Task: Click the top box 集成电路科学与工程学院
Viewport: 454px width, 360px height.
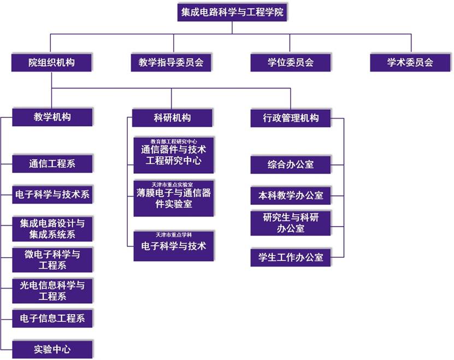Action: (x=232, y=12)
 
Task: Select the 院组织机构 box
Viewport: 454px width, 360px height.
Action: (x=52, y=62)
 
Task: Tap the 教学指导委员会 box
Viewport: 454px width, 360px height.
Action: (x=171, y=62)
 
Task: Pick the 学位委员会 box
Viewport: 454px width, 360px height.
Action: (x=291, y=62)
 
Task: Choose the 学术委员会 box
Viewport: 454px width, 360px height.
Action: (x=410, y=62)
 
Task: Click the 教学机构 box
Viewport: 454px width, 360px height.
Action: (x=52, y=117)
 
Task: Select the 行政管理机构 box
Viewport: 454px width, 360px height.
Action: (x=291, y=117)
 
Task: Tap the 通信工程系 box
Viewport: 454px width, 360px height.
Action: (x=52, y=163)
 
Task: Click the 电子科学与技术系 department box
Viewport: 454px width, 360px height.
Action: (x=52, y=194)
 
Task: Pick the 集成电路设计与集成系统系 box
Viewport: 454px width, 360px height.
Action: (x=52, y=229)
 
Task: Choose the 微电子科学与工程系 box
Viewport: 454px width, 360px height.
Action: (x=52, y=259)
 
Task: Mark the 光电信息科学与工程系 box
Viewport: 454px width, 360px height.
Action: (x=52, y=290)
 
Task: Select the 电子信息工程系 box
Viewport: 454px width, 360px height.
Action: (x=52, y=318)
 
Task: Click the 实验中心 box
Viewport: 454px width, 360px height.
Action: (x=52, y=349)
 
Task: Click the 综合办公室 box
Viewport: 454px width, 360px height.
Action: (x=291, y=164)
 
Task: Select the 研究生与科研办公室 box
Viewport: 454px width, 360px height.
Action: (x=291, y=223)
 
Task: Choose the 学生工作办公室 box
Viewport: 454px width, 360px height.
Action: (x=291, y=257)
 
